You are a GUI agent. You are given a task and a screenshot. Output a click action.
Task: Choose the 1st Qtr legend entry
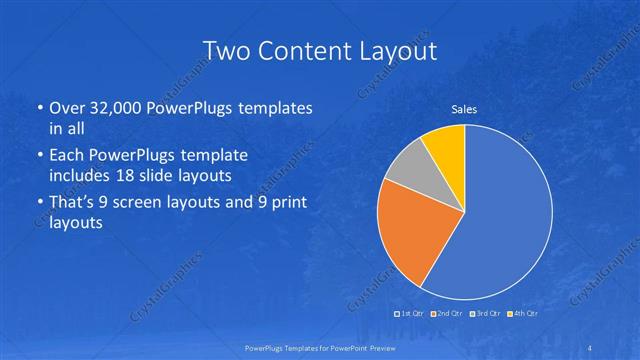410,314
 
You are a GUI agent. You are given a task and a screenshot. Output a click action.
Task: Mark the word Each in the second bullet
64,156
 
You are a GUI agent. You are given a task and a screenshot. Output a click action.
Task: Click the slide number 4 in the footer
589,347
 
